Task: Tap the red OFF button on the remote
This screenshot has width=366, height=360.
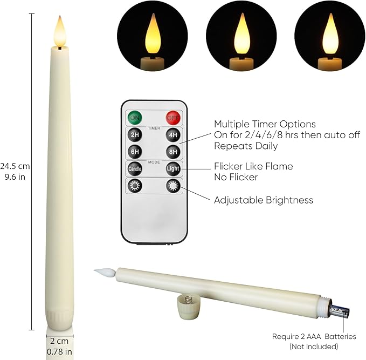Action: click(172, 117)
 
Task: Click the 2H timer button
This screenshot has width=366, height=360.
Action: click(134, 134)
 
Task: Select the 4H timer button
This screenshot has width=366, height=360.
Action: click(172, 134)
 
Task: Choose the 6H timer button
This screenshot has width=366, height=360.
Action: click(134, 152)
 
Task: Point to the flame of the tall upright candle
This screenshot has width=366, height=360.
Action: click(60, 31)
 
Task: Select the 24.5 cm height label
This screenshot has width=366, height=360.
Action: click(15, 166)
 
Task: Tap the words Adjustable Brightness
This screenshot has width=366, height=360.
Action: click(264, 200)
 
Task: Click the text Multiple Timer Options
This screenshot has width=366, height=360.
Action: click(265, 124)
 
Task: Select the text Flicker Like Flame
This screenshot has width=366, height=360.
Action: click(253, 166)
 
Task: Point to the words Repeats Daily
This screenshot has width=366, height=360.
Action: click(246, 146)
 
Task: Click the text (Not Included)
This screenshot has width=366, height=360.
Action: click(313, 346)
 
